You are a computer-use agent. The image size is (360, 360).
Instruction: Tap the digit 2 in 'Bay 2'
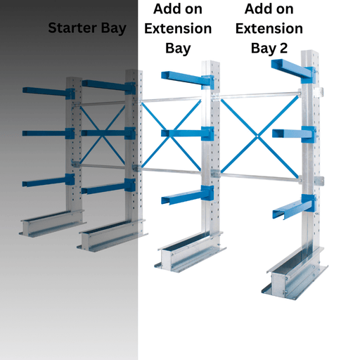[x=283, y=48]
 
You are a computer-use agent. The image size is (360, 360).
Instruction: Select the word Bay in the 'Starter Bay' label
[x=114, y=29]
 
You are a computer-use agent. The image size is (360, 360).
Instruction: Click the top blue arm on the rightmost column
[x=293, y=71]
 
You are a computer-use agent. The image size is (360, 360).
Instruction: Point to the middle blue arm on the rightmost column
[x=294, y=134]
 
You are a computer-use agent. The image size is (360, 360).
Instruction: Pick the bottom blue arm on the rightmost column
[x=294, y=207]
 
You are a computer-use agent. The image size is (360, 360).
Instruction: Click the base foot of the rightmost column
[x=295, y=274]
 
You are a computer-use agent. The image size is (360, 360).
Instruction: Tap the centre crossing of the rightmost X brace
[x=257, y=136]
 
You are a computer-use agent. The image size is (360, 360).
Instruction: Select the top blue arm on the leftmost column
[x=49, y=93]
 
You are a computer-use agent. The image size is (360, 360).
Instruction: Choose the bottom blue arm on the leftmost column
[x=49, y=180]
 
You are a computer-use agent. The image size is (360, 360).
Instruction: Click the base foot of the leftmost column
[x=53, y=224]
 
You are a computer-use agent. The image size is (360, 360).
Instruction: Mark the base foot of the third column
[x=191, y=252]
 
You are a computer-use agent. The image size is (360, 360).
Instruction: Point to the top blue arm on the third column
[x=188, y=79]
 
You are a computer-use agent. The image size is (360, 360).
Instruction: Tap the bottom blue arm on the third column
[x=188, y=195]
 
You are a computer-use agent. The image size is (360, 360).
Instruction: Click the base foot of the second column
[x=112, y=236]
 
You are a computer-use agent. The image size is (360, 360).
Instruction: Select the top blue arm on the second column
[x=109, y=86]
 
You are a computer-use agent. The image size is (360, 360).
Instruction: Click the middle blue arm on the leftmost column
[x=49, y=134]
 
